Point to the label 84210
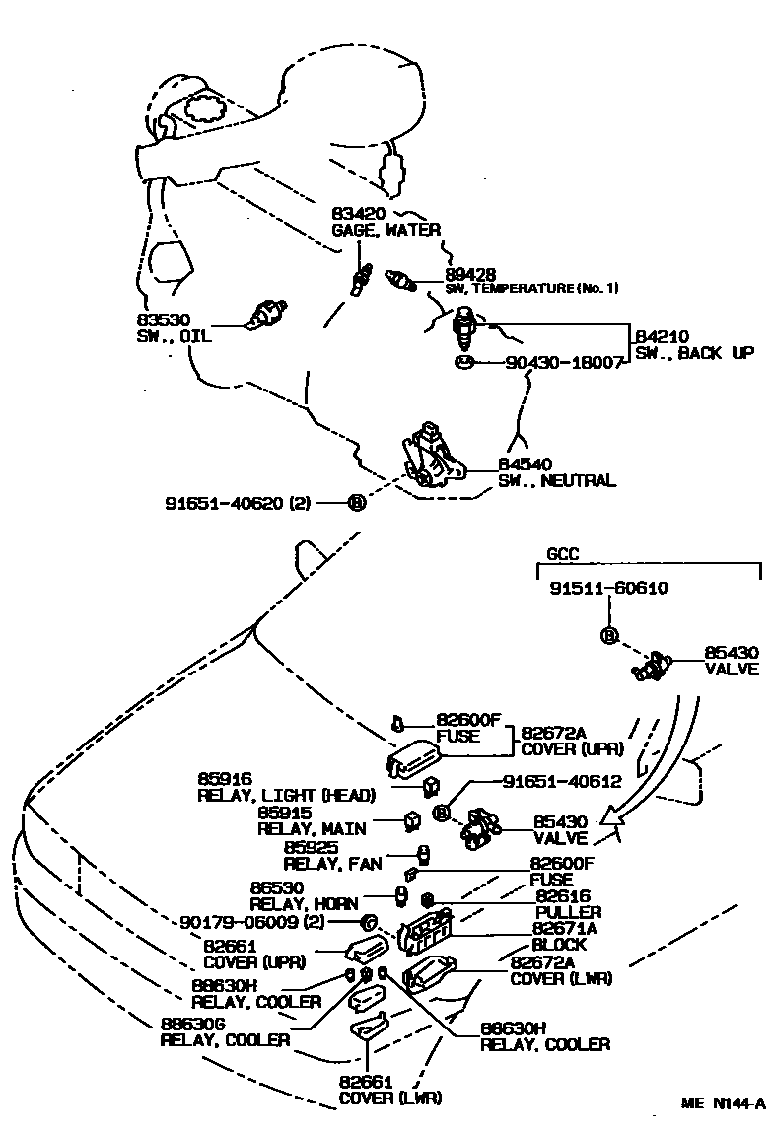point(662,336)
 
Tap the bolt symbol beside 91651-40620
point(357,503)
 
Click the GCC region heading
point(563,555)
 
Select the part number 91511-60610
point(609,589)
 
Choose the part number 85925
point(311,847)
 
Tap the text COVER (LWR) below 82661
point(390,1098)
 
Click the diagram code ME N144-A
point(723,1103)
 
